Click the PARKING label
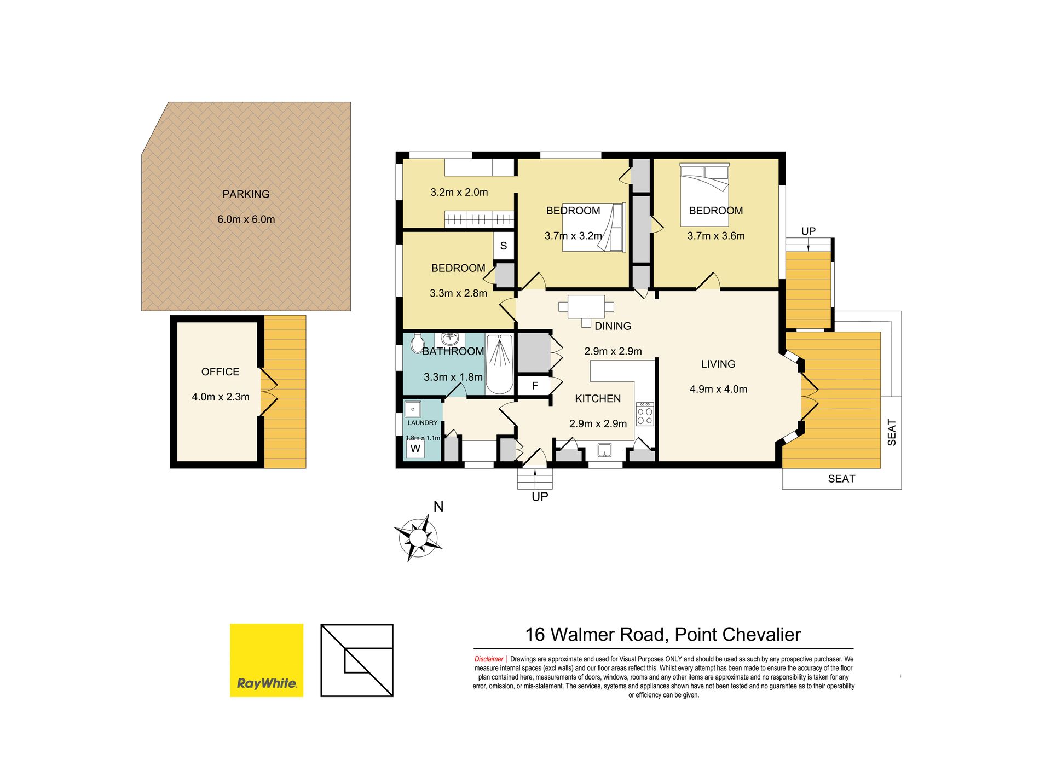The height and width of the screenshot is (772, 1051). click(246, 194)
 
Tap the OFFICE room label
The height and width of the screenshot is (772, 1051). click(221, 372)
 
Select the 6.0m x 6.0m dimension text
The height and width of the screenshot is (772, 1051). click(246, 219)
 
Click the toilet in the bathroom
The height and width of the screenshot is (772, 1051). click(417, 343)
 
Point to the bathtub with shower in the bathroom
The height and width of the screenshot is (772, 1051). click(499, 364)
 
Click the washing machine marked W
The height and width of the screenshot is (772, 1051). click(415, 449)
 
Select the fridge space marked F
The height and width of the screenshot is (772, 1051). click(534, 386)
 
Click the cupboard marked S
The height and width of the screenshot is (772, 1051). click(504, 246)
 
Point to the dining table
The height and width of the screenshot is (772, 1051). click(586, 307)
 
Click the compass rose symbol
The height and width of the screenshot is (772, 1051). click(418, 538)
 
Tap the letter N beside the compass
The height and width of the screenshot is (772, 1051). click(438, 507)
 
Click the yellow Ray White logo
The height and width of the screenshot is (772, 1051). click(267, 660)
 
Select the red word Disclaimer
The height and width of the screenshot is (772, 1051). click(489, 659)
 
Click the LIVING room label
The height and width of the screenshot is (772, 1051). click(718, 364)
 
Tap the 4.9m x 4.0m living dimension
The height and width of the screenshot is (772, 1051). click(718, 390)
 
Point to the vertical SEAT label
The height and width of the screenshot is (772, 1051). click(892, 432)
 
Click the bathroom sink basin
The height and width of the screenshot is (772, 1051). click(450, 339)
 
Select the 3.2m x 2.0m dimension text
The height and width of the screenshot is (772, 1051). click(459, 193)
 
